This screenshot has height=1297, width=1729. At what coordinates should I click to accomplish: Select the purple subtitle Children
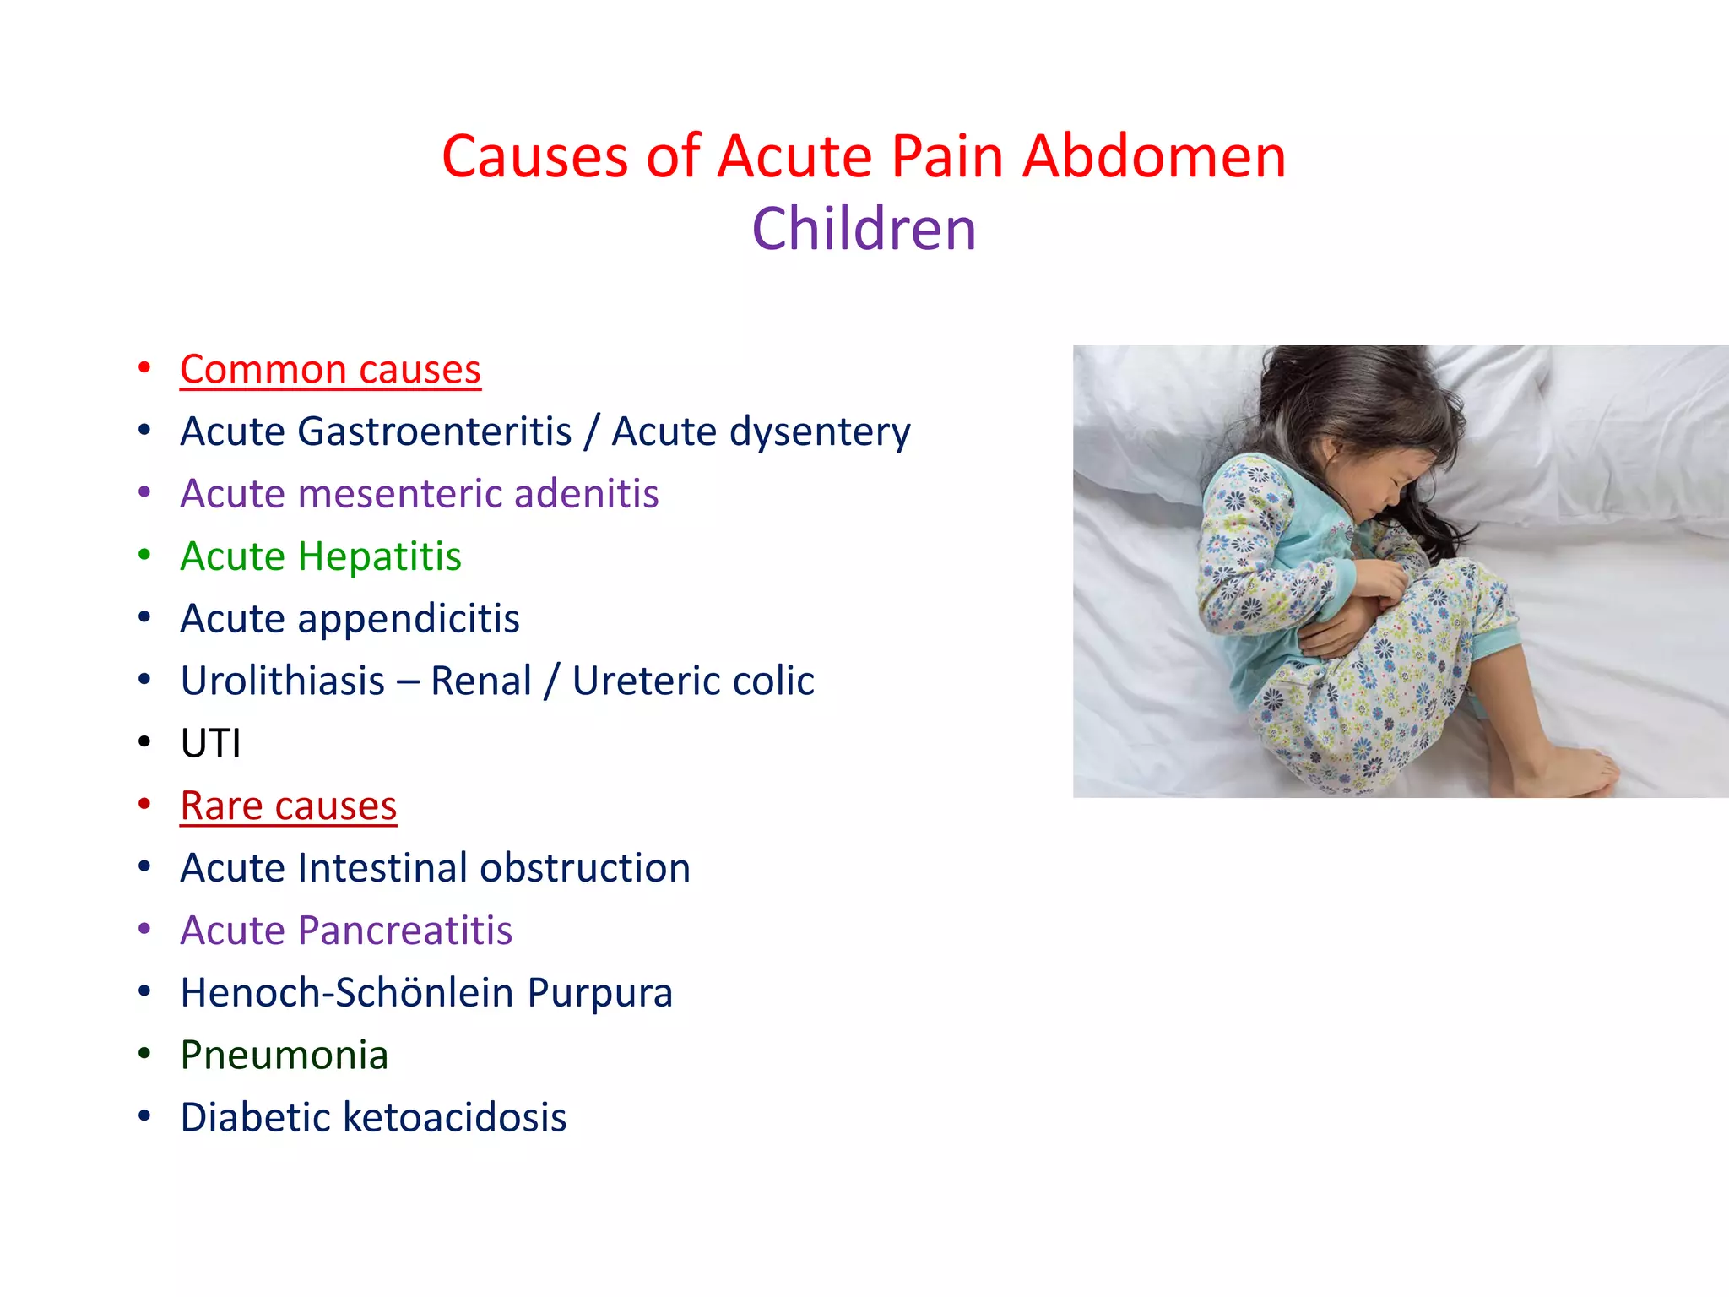tap(864, 230)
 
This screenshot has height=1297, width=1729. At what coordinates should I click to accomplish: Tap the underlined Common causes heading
tap(330, 370)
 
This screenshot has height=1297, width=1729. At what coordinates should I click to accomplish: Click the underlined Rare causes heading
tap(288, 806)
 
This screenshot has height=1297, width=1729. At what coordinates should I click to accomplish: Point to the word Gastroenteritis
tap(435, 431)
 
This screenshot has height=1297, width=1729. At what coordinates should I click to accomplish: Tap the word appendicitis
tap(408, 619)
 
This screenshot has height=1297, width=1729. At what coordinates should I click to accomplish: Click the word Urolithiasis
tap(284, 681)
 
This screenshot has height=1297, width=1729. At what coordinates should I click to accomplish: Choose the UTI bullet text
tap(210, 744)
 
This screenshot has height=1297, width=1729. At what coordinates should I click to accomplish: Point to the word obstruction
tap(585, 868)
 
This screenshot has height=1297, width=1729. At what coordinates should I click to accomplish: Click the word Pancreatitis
tap(405, 931)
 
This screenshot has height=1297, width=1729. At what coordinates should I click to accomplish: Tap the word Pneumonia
tap(284, 1056)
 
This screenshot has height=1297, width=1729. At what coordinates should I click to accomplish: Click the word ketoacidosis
tap(455, 1118)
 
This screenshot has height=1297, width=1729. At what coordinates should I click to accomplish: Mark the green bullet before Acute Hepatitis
tap(144, 555)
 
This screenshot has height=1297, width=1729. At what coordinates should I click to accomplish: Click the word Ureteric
tap(645, 681)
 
